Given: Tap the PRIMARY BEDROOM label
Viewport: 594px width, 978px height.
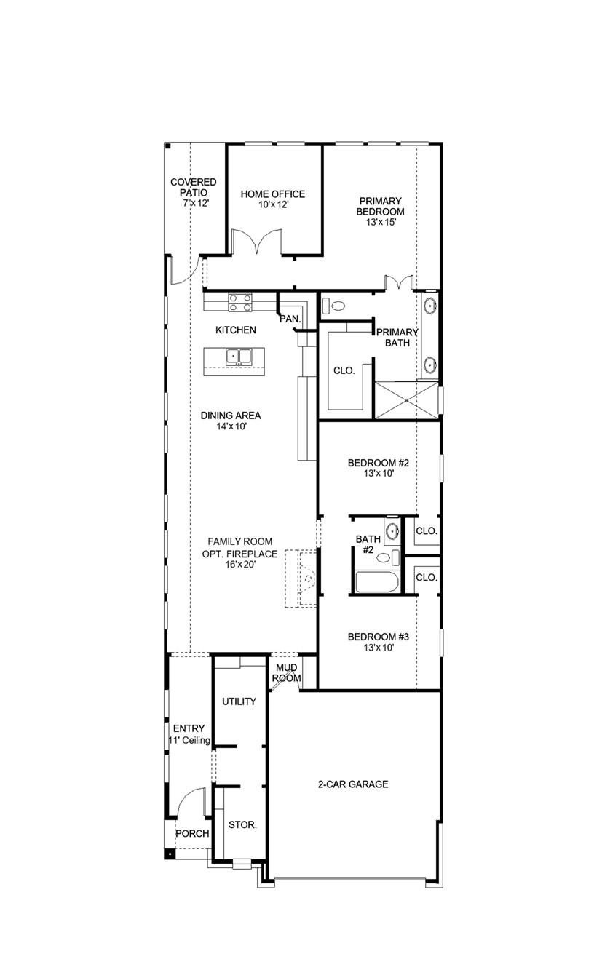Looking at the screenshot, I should (x=380, y=211).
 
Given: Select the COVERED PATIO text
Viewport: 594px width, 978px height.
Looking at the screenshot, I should (x=194, y=193).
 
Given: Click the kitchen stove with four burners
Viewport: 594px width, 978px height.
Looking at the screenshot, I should (x=240, y=302).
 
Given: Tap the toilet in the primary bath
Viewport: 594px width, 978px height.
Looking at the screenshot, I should (x=336, y=305).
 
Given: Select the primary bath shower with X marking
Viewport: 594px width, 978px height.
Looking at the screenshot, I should (x=405, y=399).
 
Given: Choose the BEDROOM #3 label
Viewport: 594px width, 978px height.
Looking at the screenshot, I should (x=379, y=642).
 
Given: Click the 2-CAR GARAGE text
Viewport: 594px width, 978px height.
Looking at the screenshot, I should (x=352, y=784).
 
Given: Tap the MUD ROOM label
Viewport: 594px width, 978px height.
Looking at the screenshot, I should (x=286, y=673).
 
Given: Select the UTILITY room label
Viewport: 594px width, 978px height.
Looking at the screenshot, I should (x=239, y=701).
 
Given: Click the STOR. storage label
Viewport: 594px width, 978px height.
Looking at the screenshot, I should (x=242, y=824).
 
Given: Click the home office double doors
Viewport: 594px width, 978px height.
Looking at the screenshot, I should (x=256, y=242).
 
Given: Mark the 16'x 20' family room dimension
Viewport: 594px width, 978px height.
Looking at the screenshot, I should (x=239, y=565).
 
